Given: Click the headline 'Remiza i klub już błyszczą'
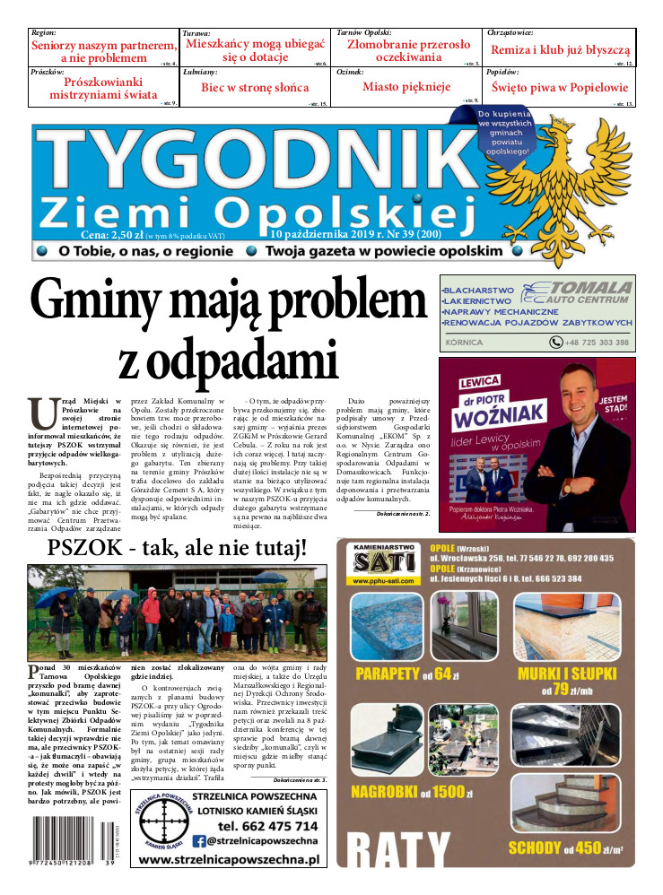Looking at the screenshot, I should [561, 50].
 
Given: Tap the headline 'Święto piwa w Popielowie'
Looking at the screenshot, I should [560, 87].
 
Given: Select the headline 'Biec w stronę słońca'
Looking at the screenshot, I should [254, 87].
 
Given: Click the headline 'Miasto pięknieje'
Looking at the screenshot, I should [406, 87].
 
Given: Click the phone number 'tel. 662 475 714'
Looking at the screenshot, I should [267, 826].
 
